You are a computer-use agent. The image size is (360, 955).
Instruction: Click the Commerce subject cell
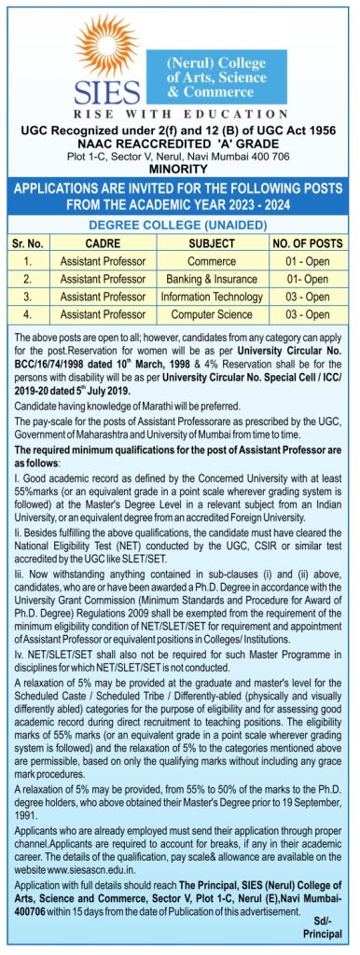[x=211, y=261]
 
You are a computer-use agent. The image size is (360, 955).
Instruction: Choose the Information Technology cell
[x=211, y=297]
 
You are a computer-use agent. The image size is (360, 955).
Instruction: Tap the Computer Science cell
[x=211, y=314]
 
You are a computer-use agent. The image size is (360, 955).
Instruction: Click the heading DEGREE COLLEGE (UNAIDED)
[x=179, y=225]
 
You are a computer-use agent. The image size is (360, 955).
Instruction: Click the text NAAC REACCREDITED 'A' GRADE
[x=179, y=132]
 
